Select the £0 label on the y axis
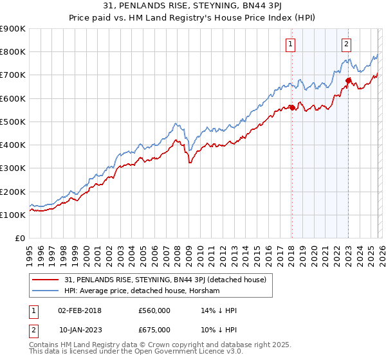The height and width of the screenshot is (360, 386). coord(21,239)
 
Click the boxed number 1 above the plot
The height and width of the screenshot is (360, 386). coord(291,44)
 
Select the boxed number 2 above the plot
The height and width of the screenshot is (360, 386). coord(346,44)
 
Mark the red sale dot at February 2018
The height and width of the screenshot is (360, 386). coord(291,107)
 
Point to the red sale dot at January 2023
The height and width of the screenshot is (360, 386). coord(348,80)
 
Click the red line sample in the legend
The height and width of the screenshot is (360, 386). coord(47,280)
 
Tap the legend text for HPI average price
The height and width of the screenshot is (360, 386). coord(142,291)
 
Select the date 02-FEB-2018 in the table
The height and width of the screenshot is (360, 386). coord(80,310)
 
